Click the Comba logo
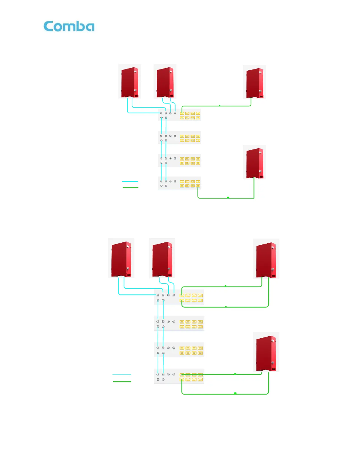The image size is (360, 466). click(69, 26)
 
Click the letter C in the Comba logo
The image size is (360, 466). click(49, 26)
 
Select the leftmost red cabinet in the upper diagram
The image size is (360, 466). click(130, 82)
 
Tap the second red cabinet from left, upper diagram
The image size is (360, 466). click(165, 82)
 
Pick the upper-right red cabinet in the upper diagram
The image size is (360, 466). click(255, 83)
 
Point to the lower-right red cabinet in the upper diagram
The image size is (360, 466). click(255, 162)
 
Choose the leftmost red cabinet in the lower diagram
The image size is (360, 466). click(121, 259)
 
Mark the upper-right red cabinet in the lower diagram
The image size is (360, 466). click(266, 259)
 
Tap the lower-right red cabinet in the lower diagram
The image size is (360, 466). click(266, 352)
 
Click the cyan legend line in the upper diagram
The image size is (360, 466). click(130, 182)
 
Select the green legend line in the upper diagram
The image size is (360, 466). click(130, 187)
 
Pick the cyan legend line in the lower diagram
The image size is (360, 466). click(122, 375)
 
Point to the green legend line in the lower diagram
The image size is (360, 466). click(122, 382)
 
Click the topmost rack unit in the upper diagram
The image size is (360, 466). click(179, 115)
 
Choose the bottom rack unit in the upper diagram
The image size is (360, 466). click(179, 183)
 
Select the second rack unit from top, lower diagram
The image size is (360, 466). click(179, 324)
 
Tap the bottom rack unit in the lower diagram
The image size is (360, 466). click(179, 377)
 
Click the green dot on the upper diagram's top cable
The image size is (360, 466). click(220, 105)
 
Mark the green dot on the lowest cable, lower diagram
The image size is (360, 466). click(235, 393)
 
